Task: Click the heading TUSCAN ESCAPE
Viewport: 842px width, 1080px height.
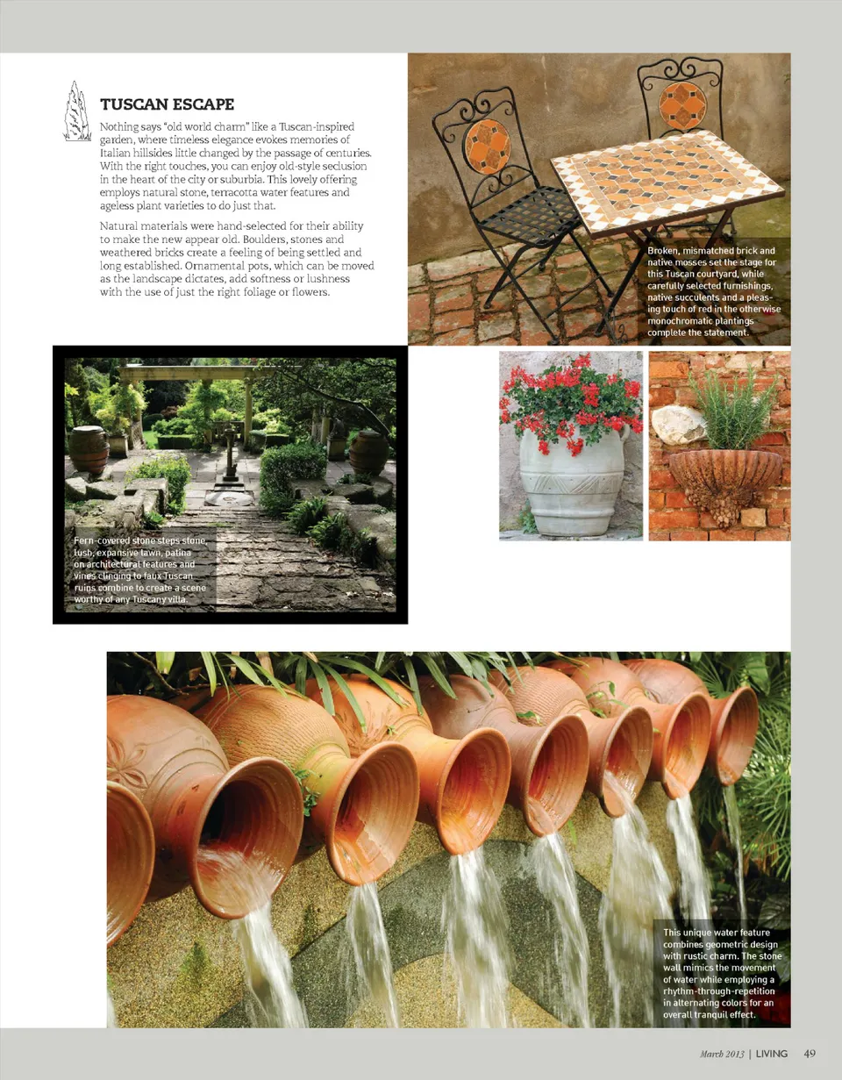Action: (167, 104)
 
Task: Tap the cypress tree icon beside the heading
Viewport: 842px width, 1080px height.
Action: (78, 111)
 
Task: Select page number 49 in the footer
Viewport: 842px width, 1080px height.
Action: (810, 1054)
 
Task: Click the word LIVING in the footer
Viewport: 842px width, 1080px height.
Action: (772, 1054)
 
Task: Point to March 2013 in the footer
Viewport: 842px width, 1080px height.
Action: (722, 1054)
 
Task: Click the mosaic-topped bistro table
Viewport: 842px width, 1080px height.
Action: (667, 180)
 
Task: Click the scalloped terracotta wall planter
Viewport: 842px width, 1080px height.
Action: (724, 478)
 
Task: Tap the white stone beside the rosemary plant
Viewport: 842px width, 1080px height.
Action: (677, 425)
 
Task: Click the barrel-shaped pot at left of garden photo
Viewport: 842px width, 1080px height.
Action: (89, 449)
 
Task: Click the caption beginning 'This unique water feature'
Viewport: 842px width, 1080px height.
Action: (721, 974)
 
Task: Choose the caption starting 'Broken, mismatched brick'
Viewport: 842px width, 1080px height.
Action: (713, 292)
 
